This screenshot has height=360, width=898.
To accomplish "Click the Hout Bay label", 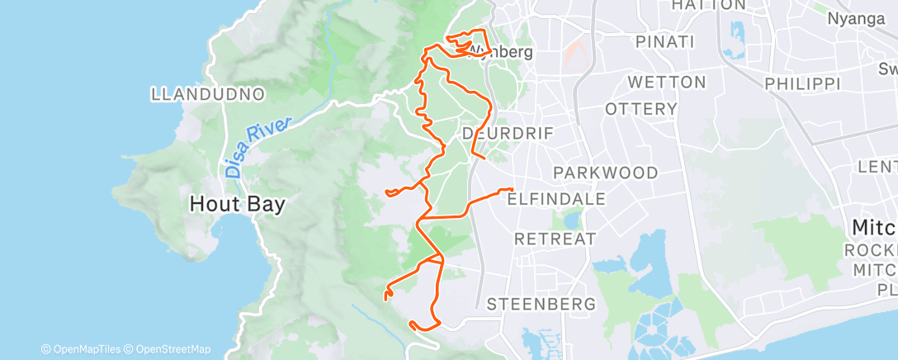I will pos(238,204).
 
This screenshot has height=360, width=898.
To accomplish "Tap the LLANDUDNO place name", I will pos(208,94).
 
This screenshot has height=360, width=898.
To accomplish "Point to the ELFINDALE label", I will pos(556,199).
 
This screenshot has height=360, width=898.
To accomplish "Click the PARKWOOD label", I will pos(606,173).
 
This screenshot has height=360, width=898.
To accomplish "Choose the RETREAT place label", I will pos(555,239).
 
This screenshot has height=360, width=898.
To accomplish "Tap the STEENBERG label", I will pos(541,304).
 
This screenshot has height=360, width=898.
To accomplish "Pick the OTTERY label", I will pos(641,109).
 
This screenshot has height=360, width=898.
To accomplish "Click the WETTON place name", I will pos(667,83).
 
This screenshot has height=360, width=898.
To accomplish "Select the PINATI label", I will pos(664,41).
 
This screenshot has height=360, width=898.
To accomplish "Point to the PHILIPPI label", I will pos(801,83).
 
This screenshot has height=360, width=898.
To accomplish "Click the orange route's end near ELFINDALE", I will pos(512,191).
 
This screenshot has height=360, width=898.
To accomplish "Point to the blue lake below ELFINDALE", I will pos(570,220).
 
